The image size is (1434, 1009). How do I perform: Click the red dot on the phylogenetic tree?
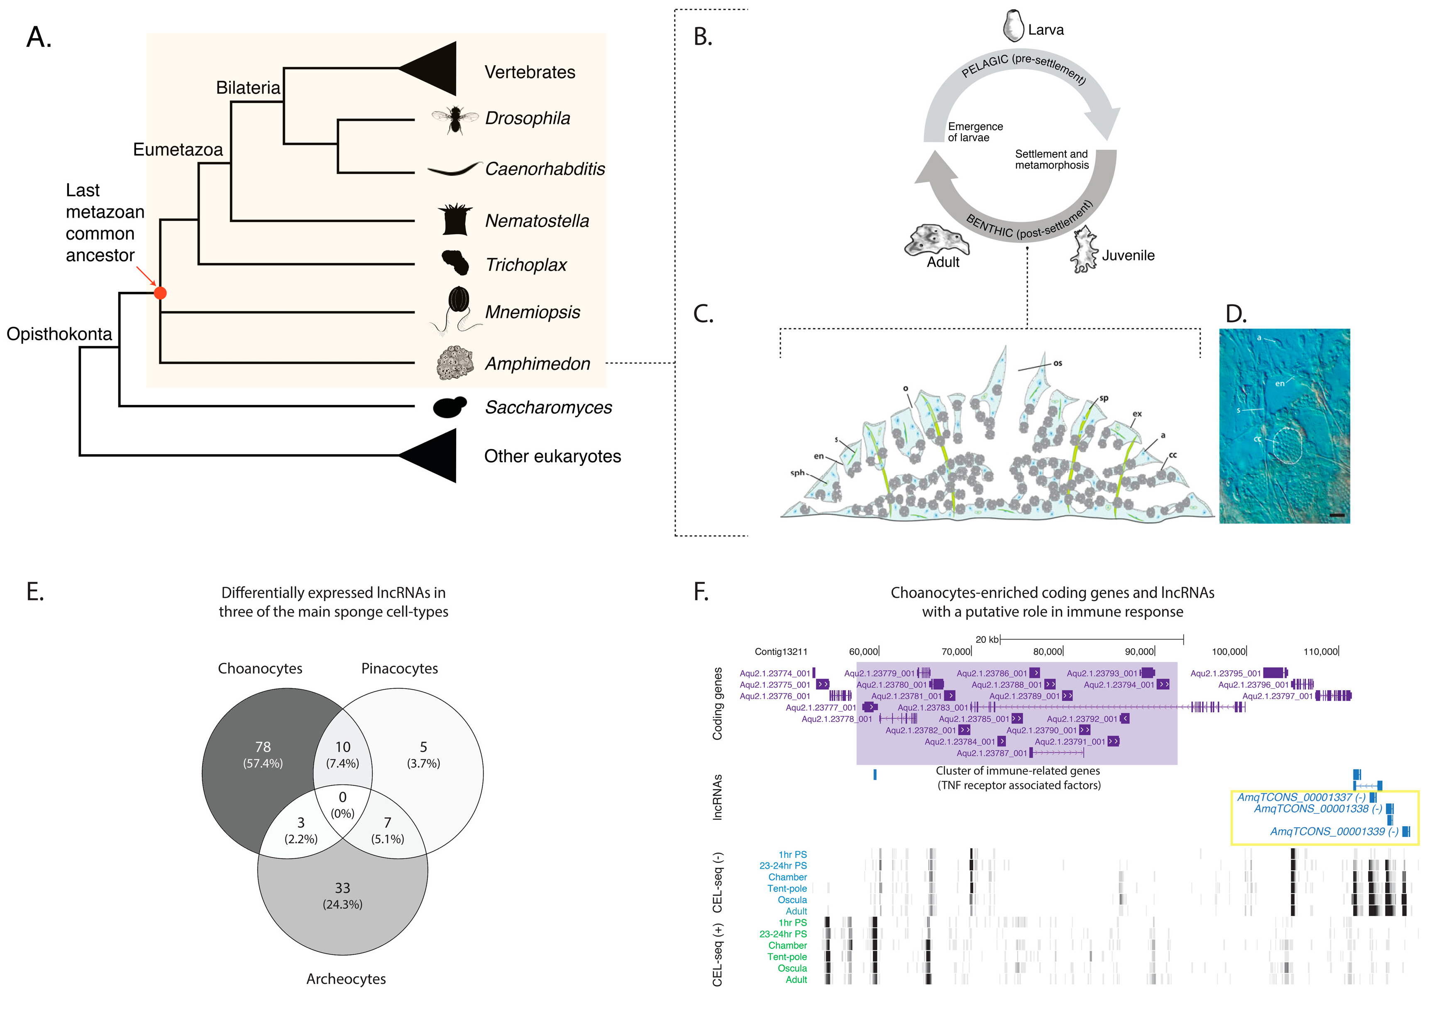160,292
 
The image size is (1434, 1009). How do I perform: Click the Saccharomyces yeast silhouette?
449,407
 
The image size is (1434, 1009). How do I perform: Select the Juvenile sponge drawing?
1084,251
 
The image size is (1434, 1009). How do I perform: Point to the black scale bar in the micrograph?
1336,515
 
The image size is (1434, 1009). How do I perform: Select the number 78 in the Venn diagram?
263,747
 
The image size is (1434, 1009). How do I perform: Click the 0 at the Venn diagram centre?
342,796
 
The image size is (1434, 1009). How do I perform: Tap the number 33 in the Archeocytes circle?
342,887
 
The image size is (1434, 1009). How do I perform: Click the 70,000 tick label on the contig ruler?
955,651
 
